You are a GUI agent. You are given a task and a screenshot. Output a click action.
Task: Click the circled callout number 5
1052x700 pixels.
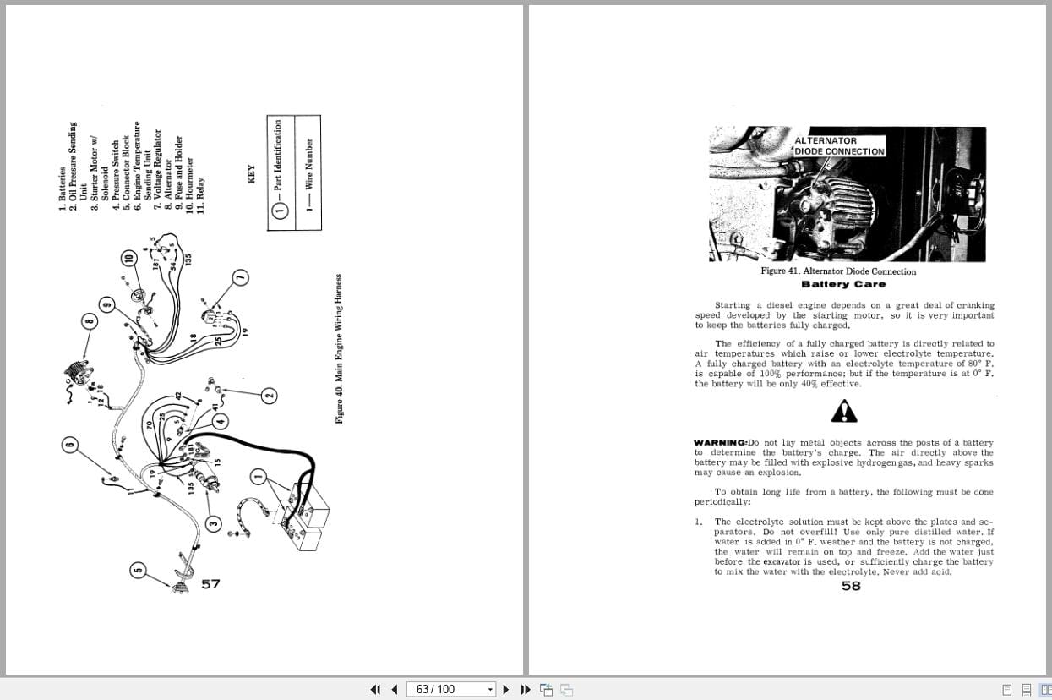(138, 571)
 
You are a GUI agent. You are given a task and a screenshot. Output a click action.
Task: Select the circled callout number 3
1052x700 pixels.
(214, 524)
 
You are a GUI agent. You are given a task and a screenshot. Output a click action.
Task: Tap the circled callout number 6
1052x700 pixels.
(70, 443)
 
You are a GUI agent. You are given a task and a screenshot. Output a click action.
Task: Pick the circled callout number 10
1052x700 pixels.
(128, 259)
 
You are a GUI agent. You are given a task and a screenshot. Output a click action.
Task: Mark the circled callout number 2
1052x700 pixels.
(269, 395)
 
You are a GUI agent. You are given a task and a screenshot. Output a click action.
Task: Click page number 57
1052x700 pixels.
(210, 583)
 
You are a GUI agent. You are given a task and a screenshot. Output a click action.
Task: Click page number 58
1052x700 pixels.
(851, 585)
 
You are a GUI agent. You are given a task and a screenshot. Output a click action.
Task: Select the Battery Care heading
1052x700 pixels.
(843, 284)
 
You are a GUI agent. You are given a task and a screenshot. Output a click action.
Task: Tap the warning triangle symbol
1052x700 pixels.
(843, 411)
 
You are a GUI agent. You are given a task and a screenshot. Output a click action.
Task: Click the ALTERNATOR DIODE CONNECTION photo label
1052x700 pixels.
(839, 146)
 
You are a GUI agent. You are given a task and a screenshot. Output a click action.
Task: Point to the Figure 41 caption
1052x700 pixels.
(837, 271)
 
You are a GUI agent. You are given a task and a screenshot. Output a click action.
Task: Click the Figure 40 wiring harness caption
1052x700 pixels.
(340, 348)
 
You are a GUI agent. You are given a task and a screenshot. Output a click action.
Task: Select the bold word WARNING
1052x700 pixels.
(720, 443)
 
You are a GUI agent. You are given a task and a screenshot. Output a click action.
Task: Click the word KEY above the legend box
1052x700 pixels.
(251, 175)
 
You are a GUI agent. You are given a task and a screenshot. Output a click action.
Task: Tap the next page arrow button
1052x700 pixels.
(505, 689)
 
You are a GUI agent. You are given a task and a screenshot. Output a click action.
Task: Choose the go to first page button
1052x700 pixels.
(375, 689)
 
